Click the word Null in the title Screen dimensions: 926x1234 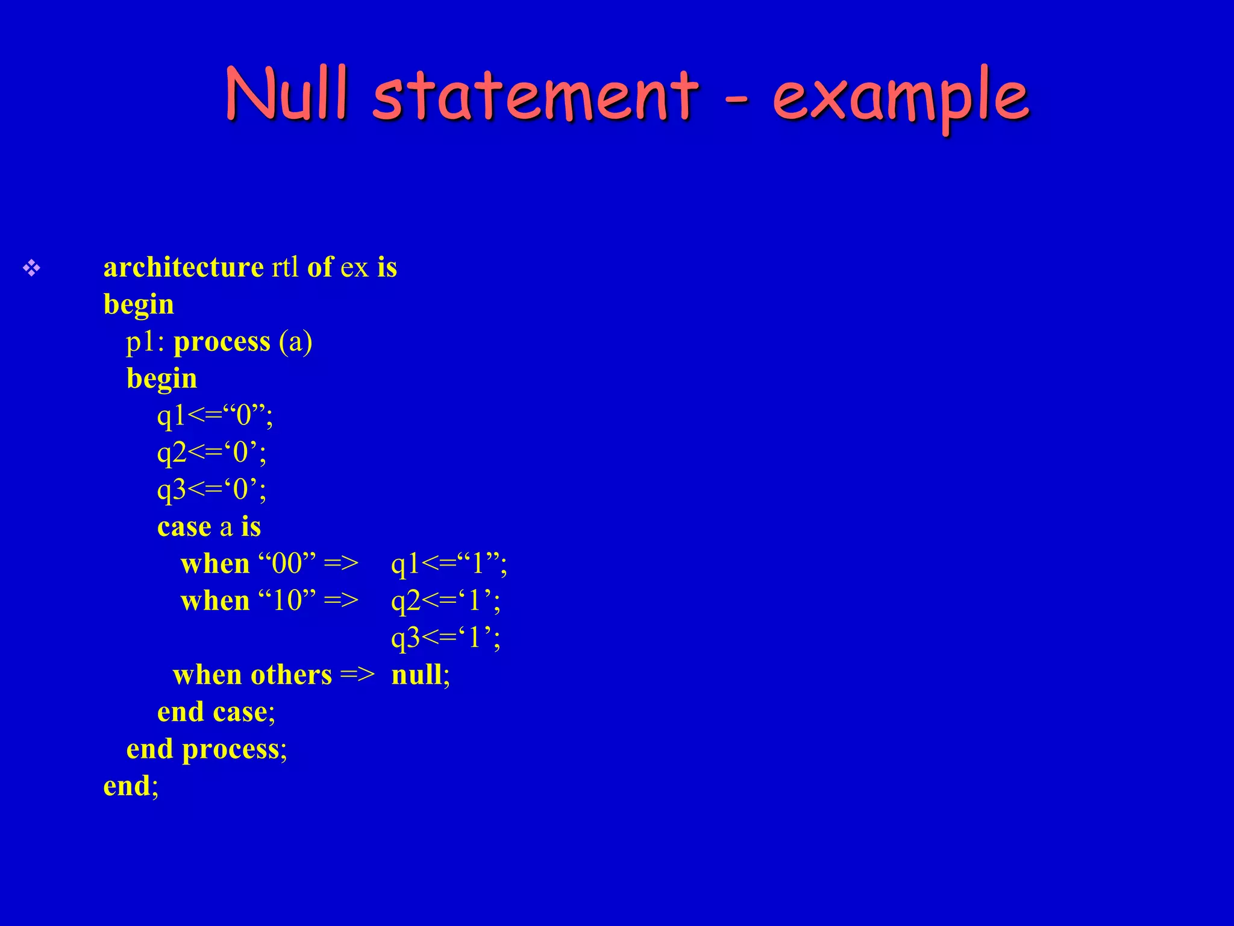pyautogui.click(x=287, y=93)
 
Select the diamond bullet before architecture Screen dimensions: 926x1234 pyautogui.click(x=31, y=268)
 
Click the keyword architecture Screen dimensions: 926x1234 pyautogui.click(x=183, y=267)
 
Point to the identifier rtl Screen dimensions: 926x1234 pyautogui.click(x=284, y=267)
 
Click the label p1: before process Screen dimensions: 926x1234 pyautogui.click(x=145, y=342)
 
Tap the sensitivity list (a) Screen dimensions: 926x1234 pyautogui.click(x=295, y=342)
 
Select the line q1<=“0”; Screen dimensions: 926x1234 pyautogui.click(x=215, y=416)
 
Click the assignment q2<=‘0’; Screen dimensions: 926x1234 pyautogui.click(x=211, y=453)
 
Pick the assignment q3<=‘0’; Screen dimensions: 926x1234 pyautogui.click(x=211, y=490)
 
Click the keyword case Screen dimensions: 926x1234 pyautogui.click(x=184, y=527)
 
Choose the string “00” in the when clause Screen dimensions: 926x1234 pyautogui.click(x=287, y=564)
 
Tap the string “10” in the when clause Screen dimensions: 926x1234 pyautogui.click(x=287, y=601)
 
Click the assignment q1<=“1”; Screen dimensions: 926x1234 pyautogui.click(x=449, y=564)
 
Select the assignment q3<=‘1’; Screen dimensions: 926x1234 pyautogui.click(x=445, y=638)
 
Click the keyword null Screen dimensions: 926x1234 pyautogui.click(x=416, y=675)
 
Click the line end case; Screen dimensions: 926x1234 pyautogui.click(x=216, y=712)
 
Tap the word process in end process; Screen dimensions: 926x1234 pyautogui.click(x=231, y=749)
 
